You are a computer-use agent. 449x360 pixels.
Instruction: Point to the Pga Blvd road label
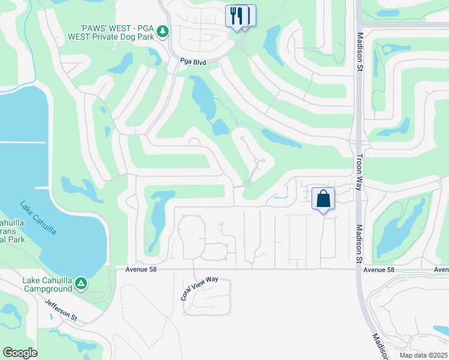[x=193, y=61]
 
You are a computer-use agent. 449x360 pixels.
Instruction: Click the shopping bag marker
[x=323, y=199]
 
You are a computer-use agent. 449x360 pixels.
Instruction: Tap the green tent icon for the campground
[x=81, y=282]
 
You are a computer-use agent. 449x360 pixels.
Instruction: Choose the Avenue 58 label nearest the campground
[x=142, y=269]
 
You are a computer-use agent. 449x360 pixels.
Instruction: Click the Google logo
[x=20, y=352]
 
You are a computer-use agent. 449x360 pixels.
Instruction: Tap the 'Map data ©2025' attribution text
[x=424, y=355]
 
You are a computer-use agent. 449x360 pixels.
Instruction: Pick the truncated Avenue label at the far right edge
[x=442, y=270]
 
